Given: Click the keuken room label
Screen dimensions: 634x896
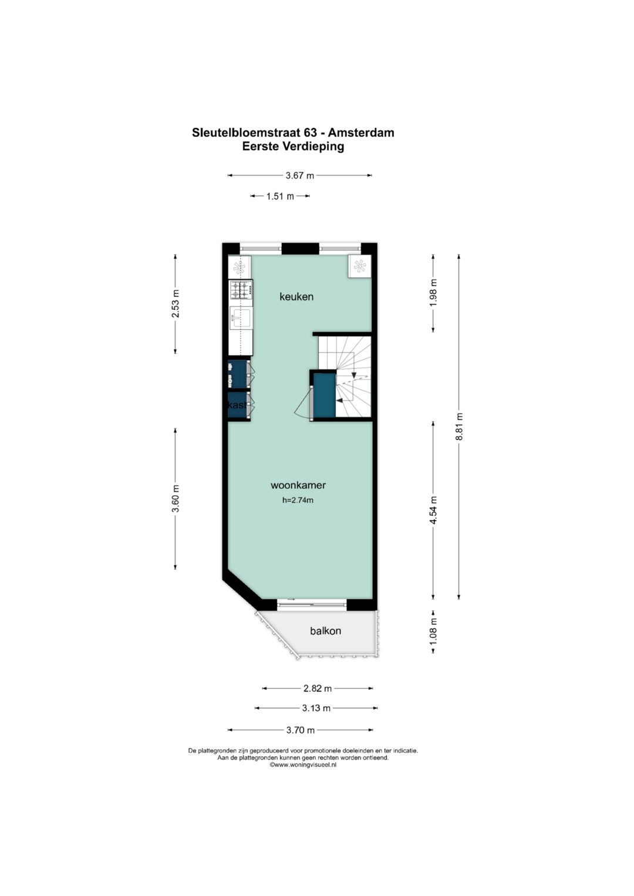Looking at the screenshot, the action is coord(296,297).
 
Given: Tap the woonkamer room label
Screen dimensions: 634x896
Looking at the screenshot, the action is coord(298,485).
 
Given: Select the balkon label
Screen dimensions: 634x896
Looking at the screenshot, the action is coord(325,631).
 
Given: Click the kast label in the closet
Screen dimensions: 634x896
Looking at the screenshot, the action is coord(237,405).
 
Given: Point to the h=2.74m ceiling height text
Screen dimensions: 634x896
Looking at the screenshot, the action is coord(298,499).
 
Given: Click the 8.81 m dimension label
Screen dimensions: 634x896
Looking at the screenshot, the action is coord(459,427).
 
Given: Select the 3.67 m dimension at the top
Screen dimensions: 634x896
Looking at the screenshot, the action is coord(300,175).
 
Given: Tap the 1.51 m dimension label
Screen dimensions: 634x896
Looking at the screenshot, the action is coord(280,196).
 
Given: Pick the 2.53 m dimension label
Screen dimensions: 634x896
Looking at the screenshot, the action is coord(176,303).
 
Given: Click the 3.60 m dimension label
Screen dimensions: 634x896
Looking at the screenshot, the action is coord(176,498).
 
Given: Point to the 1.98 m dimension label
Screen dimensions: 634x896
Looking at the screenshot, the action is coord(433,293).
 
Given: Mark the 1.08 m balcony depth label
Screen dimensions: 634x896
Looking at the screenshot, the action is coord(433,631).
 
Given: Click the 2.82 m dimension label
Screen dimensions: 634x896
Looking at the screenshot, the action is coord(318,688).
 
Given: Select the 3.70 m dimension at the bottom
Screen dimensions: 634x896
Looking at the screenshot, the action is coord(301,730).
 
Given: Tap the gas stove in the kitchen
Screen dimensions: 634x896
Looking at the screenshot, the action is coord(241,290).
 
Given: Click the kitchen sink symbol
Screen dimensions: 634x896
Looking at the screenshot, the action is coord(241,319).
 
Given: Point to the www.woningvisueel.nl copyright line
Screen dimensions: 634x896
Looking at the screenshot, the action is coord(303,765).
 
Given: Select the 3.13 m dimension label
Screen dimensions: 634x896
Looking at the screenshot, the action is coord(316,708).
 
